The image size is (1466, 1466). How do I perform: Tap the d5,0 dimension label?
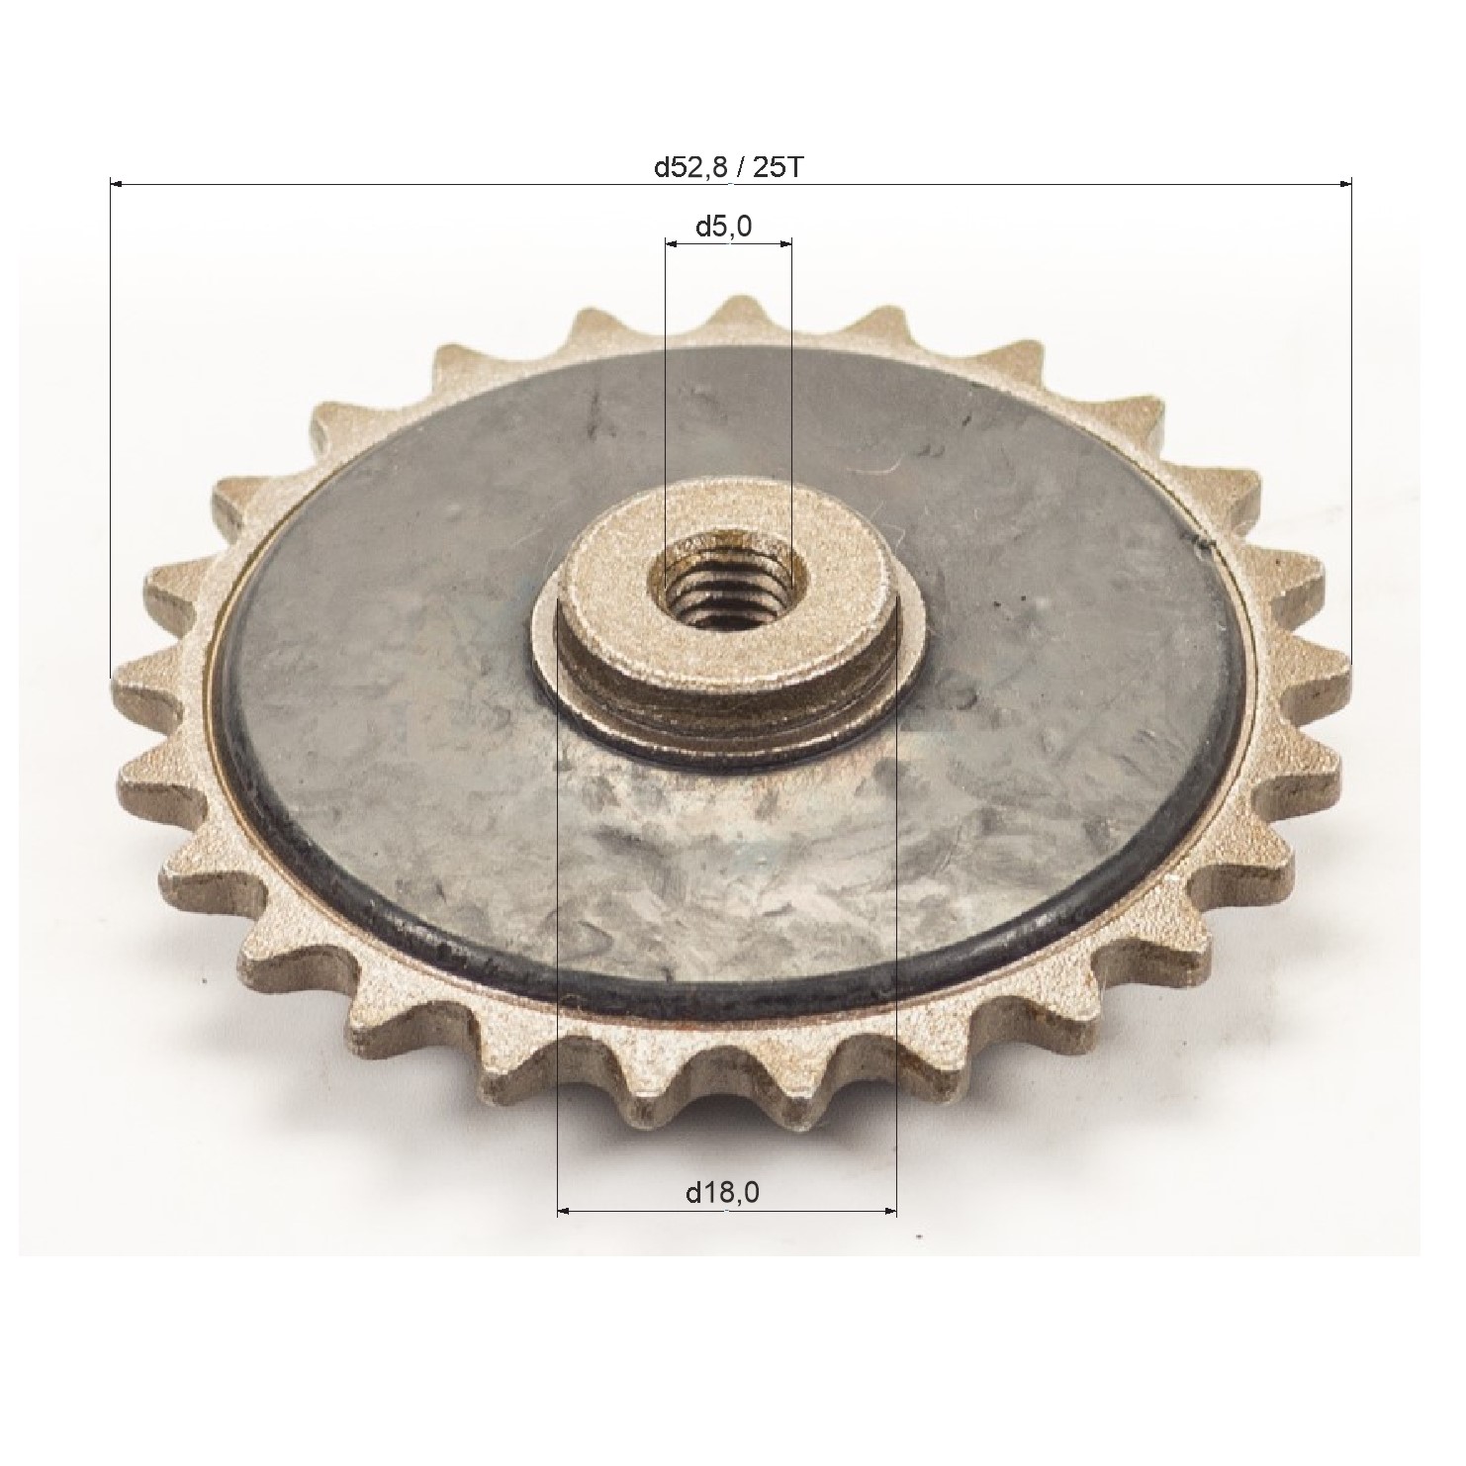pyautogui.click(x=723, y=227)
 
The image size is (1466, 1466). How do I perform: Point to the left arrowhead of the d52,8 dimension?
pyautogui.click(x=115, y=183)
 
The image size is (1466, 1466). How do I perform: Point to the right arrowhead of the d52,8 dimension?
pyautogui.click(x=1344, y=183)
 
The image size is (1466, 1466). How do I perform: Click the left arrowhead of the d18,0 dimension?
pyautogui.click(x=566, y=1210)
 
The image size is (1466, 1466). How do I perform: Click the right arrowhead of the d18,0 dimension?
pyautogui.click(x=889, y=1210)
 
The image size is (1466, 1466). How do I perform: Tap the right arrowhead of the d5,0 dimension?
pyautogui.click(x=784, y=242)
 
